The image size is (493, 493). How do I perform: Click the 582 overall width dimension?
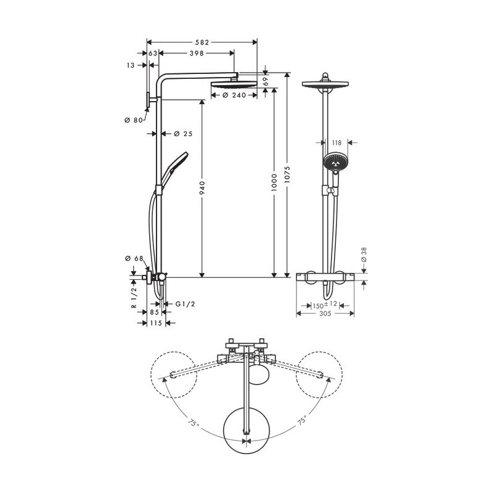202,42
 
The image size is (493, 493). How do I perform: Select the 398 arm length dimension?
197,54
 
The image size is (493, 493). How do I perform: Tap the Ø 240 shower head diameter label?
234,96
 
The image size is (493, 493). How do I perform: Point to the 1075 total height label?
287,175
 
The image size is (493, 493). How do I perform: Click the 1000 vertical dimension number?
274,182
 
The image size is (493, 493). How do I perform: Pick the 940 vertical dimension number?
202,188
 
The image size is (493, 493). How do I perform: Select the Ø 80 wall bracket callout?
133,120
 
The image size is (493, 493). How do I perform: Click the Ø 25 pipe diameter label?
183,134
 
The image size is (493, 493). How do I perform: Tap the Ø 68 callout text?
134,258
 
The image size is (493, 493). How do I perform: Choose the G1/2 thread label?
185,304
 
